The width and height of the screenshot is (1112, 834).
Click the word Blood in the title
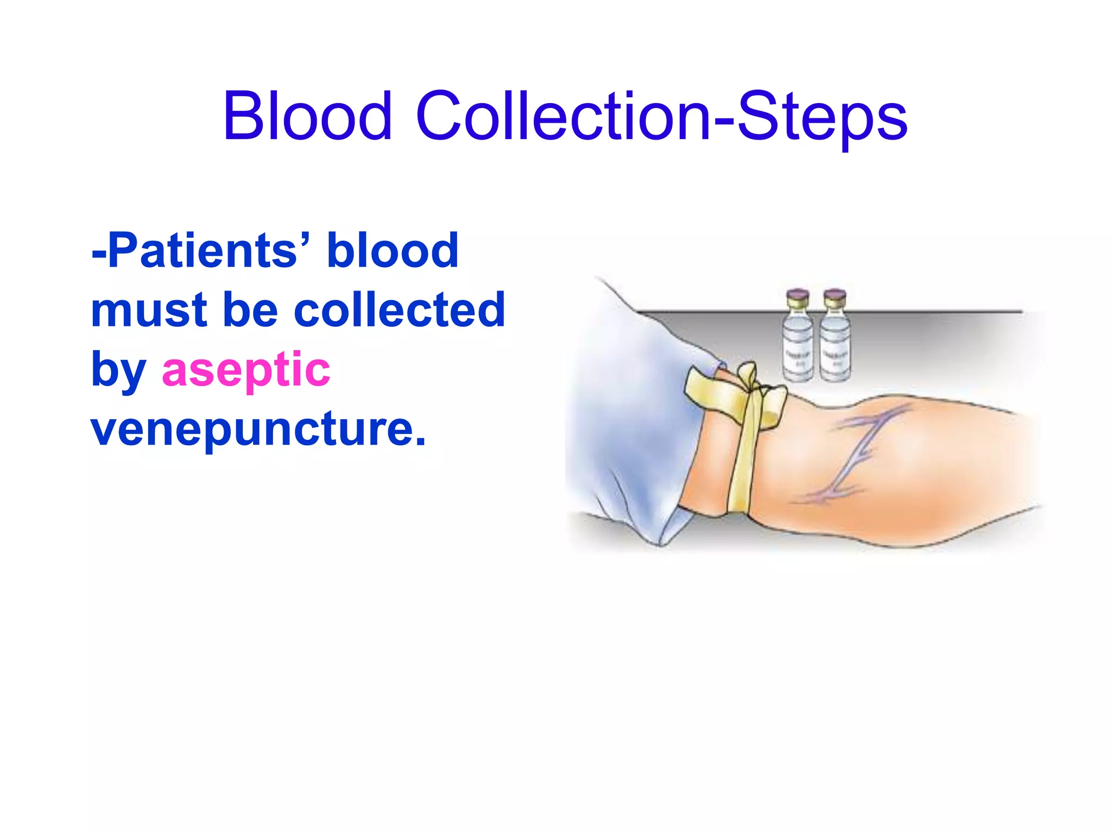[307, 116]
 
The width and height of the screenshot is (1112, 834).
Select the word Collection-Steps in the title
[661, 116]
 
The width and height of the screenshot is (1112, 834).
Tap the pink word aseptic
[246, 370]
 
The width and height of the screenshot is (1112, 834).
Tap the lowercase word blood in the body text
[393, 250]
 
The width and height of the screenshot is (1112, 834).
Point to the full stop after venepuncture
[420, 441]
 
